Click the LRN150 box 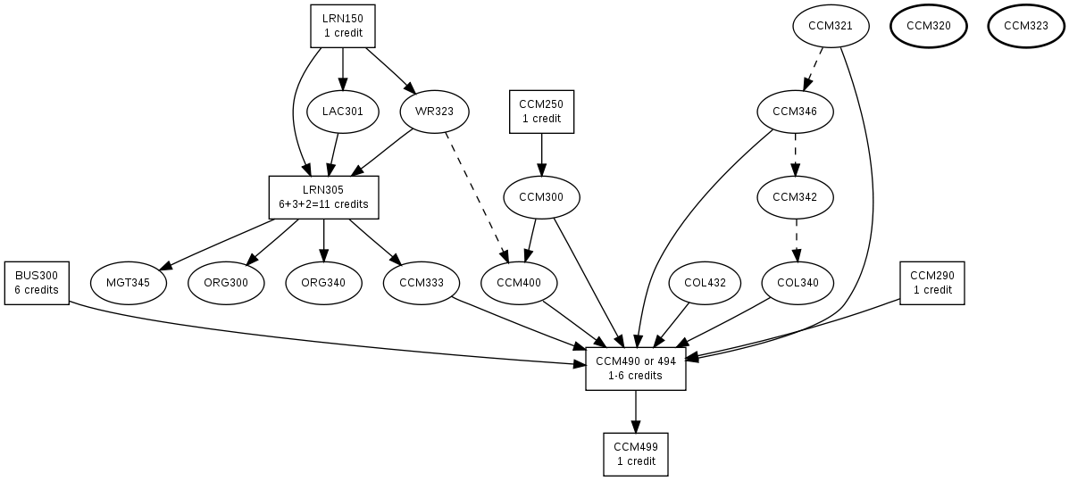tap(343, 26)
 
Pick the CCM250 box tap(541, 112)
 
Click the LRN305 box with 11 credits tap(323, 197)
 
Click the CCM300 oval tap(541, 197)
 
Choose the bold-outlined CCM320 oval tap(928, 26)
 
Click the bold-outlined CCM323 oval tap(1025, 26)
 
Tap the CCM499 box tap(636, 454)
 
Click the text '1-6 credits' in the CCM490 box tap(636, 376)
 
